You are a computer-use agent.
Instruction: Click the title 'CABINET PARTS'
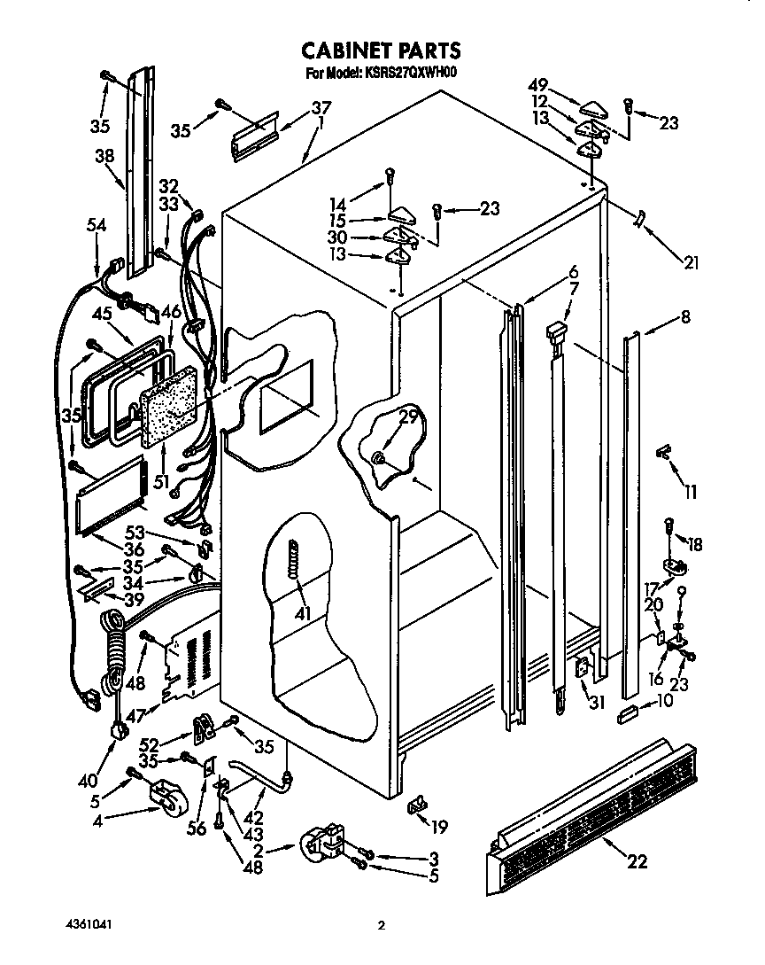click(382, 50)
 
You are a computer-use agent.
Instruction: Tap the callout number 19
click(438, 827)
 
